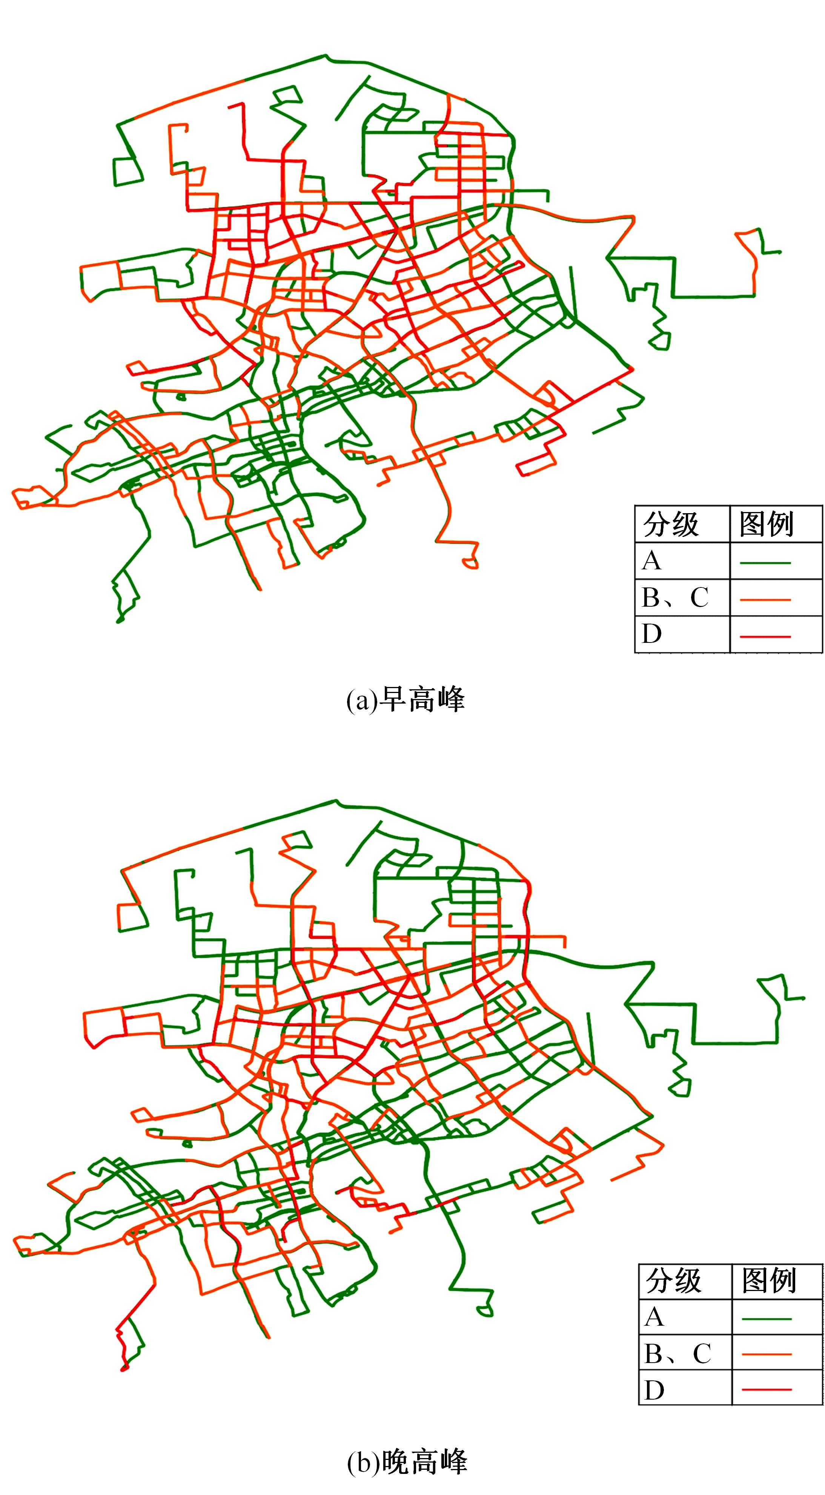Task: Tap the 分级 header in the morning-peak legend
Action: coord(671,524)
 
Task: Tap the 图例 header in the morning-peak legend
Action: coord(767,524)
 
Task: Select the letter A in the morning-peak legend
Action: coord(651,561)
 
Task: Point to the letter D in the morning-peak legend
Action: coord(651,634)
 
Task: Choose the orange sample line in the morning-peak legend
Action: coord(765,600)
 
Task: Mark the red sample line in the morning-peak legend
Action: coord(765,636)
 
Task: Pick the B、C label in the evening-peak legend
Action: coord(678,1354)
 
